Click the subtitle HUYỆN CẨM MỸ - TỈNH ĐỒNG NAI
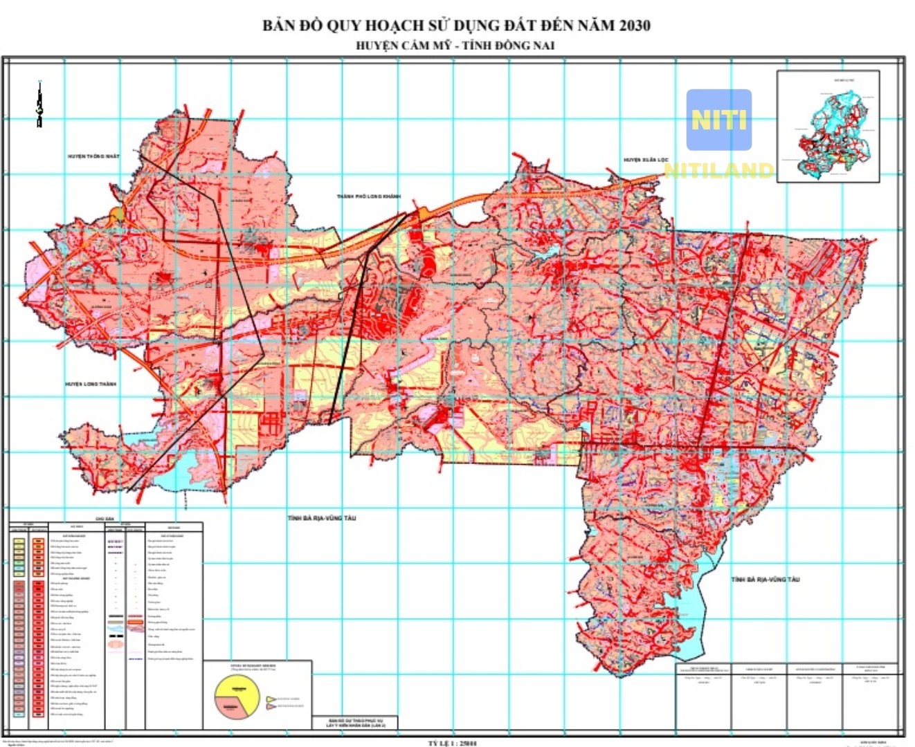(455, 46)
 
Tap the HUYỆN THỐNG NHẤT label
(93, 156)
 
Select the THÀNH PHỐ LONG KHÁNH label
(369, 197)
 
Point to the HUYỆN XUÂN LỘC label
(645, 160)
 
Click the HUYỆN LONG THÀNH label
(91, 384)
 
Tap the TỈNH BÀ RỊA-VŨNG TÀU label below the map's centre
(321, 518)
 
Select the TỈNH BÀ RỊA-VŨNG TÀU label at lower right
(765, 579)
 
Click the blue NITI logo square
(718, 120)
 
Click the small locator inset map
(828, 126)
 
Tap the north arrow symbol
(39, 104)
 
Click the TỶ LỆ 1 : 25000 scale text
(452, 743)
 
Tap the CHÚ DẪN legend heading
(104, 519)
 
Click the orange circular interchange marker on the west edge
(118, 214)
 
